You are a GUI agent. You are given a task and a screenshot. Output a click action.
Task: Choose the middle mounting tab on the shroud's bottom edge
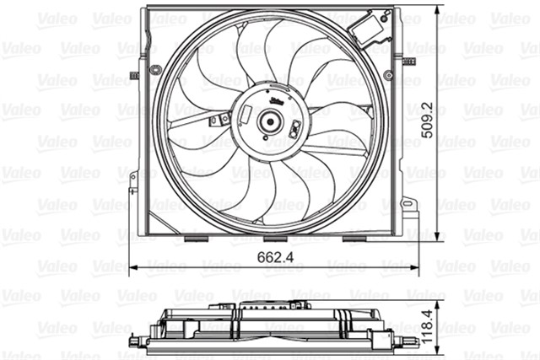(274, 239)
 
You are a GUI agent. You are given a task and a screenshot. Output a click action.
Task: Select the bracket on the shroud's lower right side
(410, 205)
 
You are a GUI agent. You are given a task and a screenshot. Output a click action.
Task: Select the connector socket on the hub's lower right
(296, 130)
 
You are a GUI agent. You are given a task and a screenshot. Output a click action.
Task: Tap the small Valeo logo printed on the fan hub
(275, 100)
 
